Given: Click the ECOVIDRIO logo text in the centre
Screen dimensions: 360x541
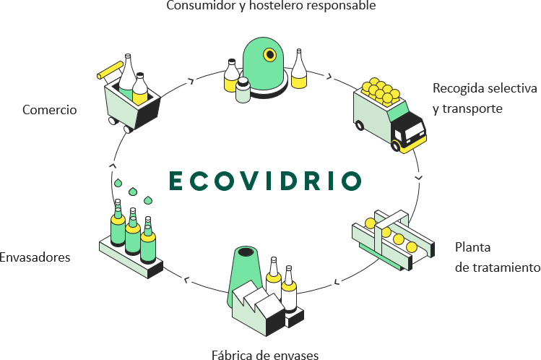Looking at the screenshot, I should tap(264, 181).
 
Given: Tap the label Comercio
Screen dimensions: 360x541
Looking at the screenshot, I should tap(49, 110).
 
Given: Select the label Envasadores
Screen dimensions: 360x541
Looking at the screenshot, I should tap(35, 257).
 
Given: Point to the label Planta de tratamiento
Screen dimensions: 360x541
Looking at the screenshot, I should tap(497, 257).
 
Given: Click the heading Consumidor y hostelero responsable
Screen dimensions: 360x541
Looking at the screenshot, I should tap(271, 7).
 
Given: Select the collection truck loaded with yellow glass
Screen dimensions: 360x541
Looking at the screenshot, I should tap(388, 114).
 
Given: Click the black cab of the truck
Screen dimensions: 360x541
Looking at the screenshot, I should tap(409, 130).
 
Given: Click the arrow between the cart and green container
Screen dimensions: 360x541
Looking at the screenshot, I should tap(191, 81).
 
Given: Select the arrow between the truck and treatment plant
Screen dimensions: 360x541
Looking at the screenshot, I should tap(419, 177).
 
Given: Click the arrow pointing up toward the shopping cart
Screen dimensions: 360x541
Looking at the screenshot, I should tap(113, 166).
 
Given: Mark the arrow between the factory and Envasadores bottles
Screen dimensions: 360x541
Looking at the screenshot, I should tap(187, 279).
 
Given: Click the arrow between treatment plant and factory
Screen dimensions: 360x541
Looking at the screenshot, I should tap(337, 280).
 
